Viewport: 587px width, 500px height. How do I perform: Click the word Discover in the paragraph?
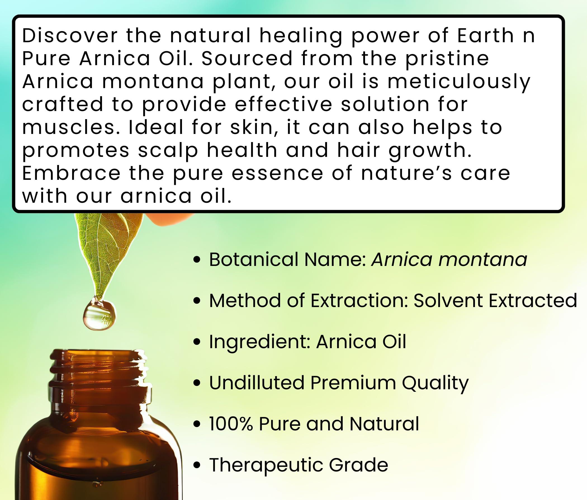point(70,36)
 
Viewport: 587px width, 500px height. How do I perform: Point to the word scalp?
point(168,150)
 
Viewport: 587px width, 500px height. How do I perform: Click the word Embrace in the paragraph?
point(71,173)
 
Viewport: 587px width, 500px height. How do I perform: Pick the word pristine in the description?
point(447,59)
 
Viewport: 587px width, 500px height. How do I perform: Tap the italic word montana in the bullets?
point(483,259)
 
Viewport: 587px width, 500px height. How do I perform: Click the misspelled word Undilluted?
point(257,383)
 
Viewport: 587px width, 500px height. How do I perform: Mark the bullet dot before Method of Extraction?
point(196,301)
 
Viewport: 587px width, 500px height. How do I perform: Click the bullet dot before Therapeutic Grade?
point(196,465)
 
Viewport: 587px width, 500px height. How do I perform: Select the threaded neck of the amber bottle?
point(99,380)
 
